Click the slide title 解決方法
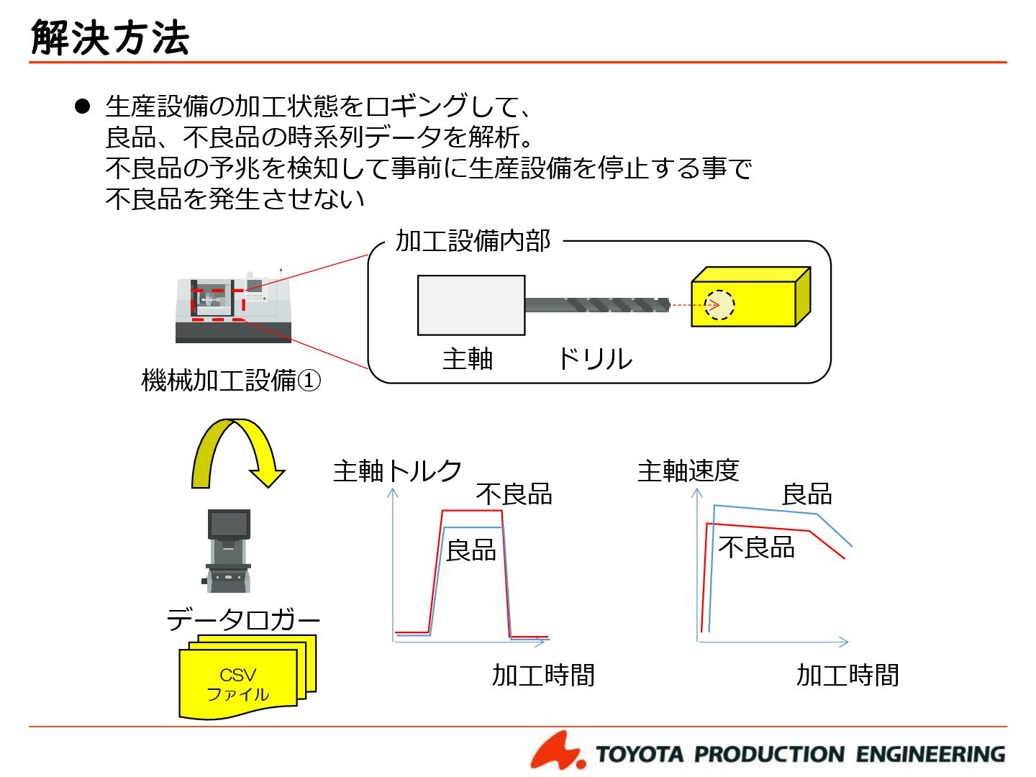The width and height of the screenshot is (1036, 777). pyautogui.click(x=110, y=37)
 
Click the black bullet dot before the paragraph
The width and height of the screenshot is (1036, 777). pyautogui.click(x=83, y=107)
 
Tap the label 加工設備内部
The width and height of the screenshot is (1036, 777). pyautogui.click(x=473, y=241)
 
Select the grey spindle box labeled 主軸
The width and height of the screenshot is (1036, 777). pyautogui.click(x=471, y=305)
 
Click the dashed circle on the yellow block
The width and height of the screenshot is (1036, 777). pyautogui.click(x=719, y=305)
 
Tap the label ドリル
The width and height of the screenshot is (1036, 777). pyautogui.click(x=595, y=358)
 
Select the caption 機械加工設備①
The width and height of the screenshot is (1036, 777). pyautogui.click(x=231, y=380)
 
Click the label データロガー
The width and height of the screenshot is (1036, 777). pyautogui.click(x=243, y=619)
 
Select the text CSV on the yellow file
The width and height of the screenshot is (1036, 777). pyautogui.click(x=237, y=675)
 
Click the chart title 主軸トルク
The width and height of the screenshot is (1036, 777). pyautogui.click(x=397, y=471)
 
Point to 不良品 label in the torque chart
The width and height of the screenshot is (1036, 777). pyautogui.click(x=514, y=494)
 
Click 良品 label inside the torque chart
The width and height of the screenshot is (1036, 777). pyautogui.click(x=471, y=550)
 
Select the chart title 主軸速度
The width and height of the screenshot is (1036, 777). pyautogui.click(x=689, y=471)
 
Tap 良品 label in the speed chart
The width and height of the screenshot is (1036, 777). pyautogui.click(x=806, y=494)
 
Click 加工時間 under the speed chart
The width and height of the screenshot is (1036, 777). pyautogui.click(x=848, y=675)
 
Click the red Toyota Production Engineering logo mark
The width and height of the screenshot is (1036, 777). pyautogui.click(x=557, y=751)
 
